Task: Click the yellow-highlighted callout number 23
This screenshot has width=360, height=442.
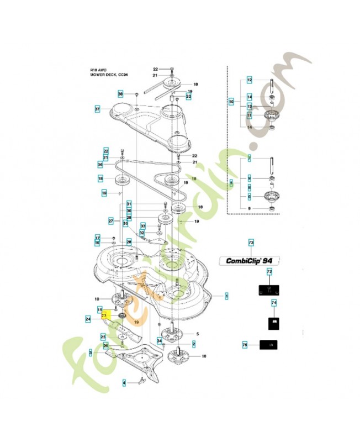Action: (x=103, y=315)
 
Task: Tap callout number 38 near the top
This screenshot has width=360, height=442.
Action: (x=120, y=94)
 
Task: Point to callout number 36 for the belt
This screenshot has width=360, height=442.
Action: (x=100, y=165)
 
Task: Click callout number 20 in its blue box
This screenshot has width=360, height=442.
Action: (x=188, y=97)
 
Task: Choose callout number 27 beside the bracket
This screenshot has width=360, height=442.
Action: (x=110, y=221)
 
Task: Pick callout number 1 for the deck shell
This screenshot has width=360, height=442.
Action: (x=226, y=296)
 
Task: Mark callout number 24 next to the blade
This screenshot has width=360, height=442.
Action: (x=88, y=319)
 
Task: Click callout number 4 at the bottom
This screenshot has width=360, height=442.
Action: (x=124, y=382)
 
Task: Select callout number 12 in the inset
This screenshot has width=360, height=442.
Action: (x=249, y=80)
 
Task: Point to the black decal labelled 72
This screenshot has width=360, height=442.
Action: (x=269, y=289)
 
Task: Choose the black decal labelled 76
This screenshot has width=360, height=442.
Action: (x=268, y=345)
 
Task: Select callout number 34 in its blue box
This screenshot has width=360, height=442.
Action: (x=159, y=341)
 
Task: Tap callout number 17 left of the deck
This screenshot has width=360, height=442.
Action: (x=97, y=237)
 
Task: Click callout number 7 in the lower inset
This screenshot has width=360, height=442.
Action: (x=249, y=159)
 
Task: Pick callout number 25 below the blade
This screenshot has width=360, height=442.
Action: (x=103, y=336)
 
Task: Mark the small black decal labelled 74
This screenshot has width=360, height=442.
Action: (x=273, y=322)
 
